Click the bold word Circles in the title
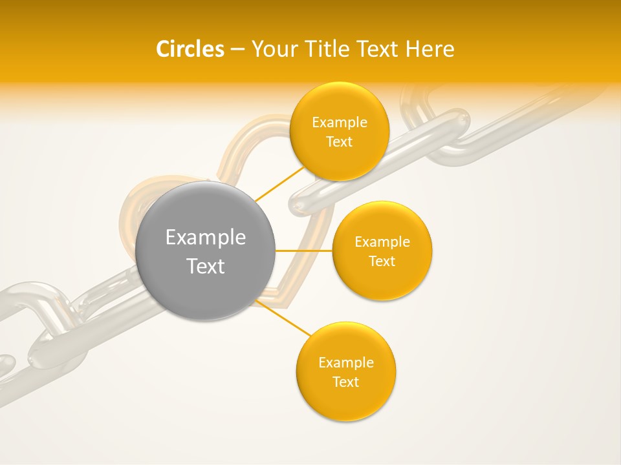pos(190,49)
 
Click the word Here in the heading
pos(430,49)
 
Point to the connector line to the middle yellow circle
pos(303,250)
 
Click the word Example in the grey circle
pos(206,238)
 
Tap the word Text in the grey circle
pos(206,266)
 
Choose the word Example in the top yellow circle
pos(340,123)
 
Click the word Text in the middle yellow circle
pos(382,262)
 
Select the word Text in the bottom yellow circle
pos(346,382)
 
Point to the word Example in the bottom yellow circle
pos(346,363)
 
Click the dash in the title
pos(237,49)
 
